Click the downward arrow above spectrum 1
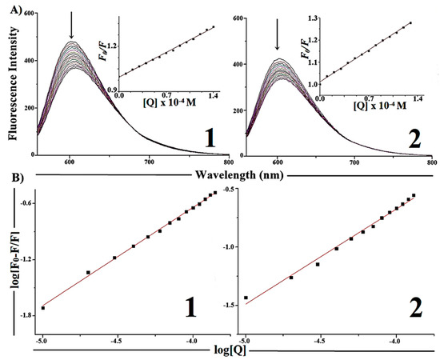tap(71, 28)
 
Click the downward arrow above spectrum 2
tap(277, 34)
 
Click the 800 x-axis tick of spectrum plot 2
tap(430, 161)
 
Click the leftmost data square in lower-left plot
tap(42, 307)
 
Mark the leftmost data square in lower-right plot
tap(246, 298)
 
